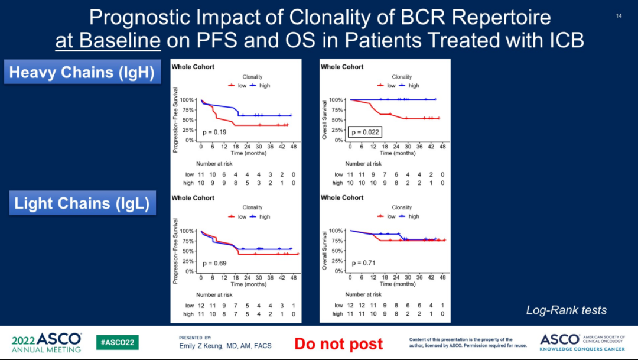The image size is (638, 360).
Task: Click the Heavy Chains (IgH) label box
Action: tap(82, 73)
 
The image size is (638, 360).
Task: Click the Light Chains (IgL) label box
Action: tap(82, 204)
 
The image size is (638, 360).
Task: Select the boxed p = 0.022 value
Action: tap(365, 132)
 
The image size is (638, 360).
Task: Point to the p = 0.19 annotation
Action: tap(214, 132)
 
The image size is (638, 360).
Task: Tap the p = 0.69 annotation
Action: tap(214, 262)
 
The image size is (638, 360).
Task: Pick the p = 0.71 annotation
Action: tap(364, 262)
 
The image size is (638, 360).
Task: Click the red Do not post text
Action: tap(338, 343)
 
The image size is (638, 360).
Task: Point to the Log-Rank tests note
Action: tap(567, 310)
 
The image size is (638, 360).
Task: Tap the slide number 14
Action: tap(619, 16)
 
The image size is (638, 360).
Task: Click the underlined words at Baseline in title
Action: tap(108, 41)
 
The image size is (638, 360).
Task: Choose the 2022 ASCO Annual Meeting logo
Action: tap(47, 342)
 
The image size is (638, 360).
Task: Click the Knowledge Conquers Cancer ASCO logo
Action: tap(582, 342)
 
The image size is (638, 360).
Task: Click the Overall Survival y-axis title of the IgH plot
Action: tap(324, 120)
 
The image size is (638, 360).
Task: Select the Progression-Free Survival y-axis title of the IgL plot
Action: tap(175, 251)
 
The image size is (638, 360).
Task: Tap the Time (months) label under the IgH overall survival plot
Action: tap(397, 153)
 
